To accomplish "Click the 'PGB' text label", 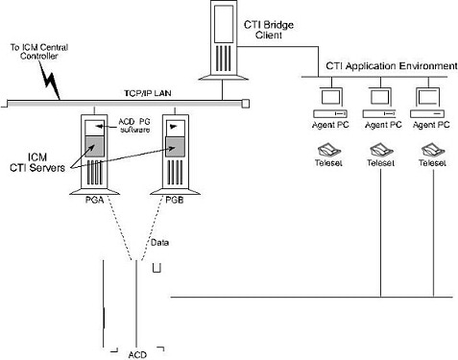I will (174, 199).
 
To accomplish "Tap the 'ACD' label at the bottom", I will (137, 354).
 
